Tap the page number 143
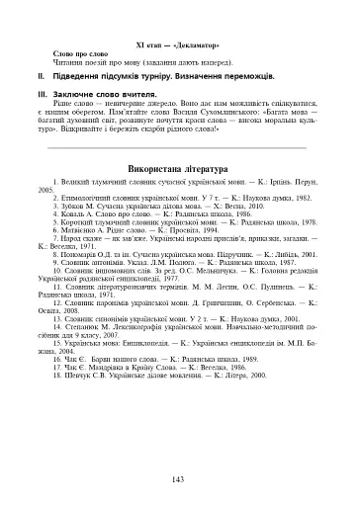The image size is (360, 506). pos(179,478)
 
